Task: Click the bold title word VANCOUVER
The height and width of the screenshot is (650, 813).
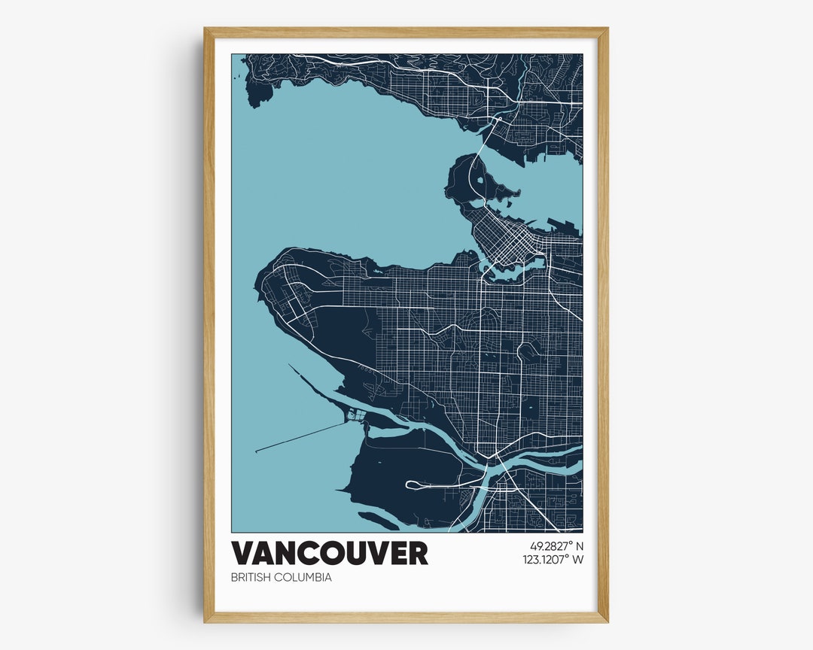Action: [329, 553]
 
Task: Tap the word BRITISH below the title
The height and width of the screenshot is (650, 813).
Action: [251, 578]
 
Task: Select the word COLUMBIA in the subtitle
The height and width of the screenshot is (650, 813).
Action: [303, 578]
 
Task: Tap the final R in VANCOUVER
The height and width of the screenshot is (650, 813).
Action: [417, 553]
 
